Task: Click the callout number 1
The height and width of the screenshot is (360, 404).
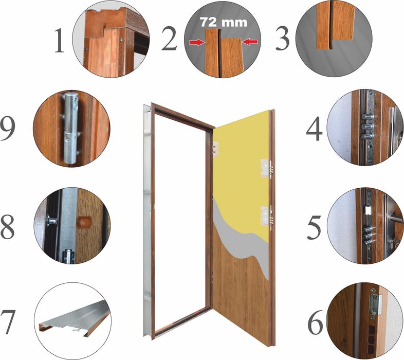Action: click(x=60, y=41)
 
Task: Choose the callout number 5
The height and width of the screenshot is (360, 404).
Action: click(x=315, y=227)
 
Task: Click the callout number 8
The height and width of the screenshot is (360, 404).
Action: click(x=14, y=227)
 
